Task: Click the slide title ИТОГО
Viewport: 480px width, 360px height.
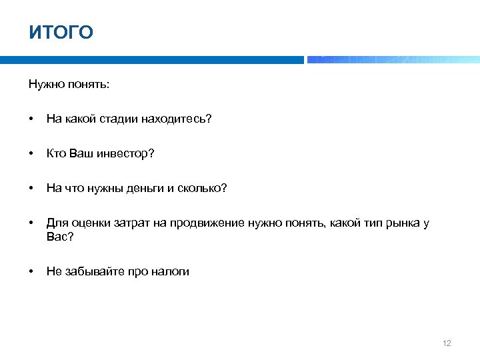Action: tap(61, 32)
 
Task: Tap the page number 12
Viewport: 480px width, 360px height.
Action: tap(447, 343)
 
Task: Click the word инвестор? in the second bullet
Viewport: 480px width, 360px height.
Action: tap(127, 154)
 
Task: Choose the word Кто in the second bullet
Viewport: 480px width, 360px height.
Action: tap(56, 154)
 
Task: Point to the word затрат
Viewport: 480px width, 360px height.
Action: tap(127, 223)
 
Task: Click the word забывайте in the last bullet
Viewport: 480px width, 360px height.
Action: tap(88, 271)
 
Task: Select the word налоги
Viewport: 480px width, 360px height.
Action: tap(171, 271)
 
